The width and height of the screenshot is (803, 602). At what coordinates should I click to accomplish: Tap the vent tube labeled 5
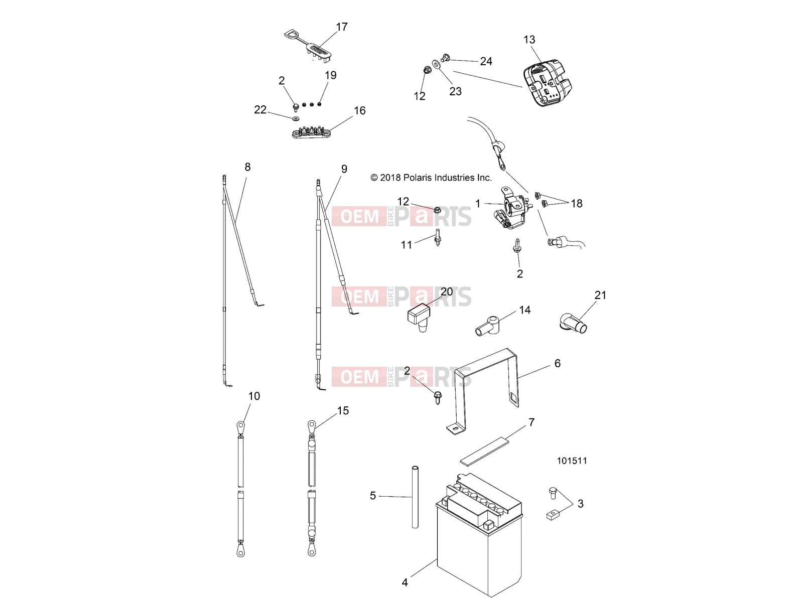(415, 497)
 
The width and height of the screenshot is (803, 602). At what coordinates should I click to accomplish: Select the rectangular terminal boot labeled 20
(419, 317)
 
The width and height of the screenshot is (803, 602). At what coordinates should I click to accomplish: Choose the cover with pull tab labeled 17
(308, 47)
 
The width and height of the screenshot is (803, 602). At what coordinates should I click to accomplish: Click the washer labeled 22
(295, 119)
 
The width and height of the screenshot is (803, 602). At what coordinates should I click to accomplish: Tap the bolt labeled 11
(438, 238)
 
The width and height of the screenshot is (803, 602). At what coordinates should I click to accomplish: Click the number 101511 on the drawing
(572, 461)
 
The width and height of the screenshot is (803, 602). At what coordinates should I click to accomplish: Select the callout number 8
(247, 167)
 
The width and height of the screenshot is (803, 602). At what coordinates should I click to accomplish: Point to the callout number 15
(343, 410)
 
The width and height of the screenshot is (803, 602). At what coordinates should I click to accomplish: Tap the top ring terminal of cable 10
(240, 426)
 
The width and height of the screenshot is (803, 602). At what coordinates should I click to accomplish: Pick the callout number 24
(486, 61)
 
